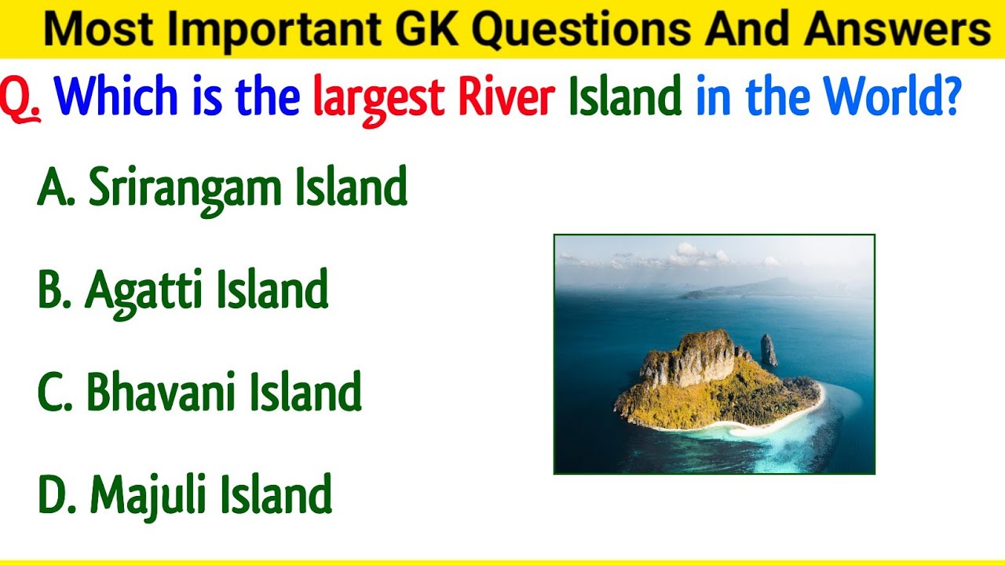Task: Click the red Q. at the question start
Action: pyautogui.click(x=21, y=98)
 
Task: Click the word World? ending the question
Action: pyautogui.click(x=890, y=97)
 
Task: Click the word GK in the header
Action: pyautogui.click(x=429, y=30)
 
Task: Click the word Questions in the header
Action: pyautogui.click(x=581, y=30)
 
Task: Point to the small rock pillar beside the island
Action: pyautogui.click(x=769, y=351)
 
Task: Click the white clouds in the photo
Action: pyautogui.click(x=691, y=255)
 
